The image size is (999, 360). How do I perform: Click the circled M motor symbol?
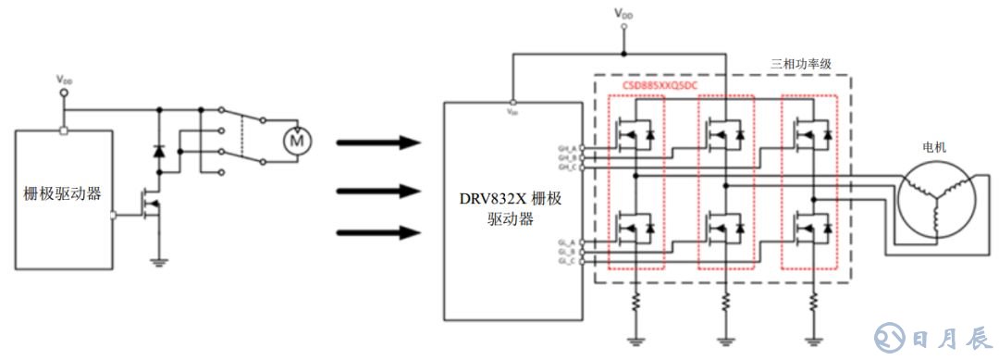click(298, 140)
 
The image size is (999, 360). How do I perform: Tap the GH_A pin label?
click(567, 148)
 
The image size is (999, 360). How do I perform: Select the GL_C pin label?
click(567, 260)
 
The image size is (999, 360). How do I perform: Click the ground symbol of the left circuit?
click(158, 261)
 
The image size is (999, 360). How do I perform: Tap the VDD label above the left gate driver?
click(64, 81)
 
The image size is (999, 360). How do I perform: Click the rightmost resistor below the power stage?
click(814, 302)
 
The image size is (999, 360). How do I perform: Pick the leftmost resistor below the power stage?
click(636, 302)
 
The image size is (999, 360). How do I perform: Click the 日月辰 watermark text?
click(947, 333)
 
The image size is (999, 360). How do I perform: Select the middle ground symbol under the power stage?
click(725, 341)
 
